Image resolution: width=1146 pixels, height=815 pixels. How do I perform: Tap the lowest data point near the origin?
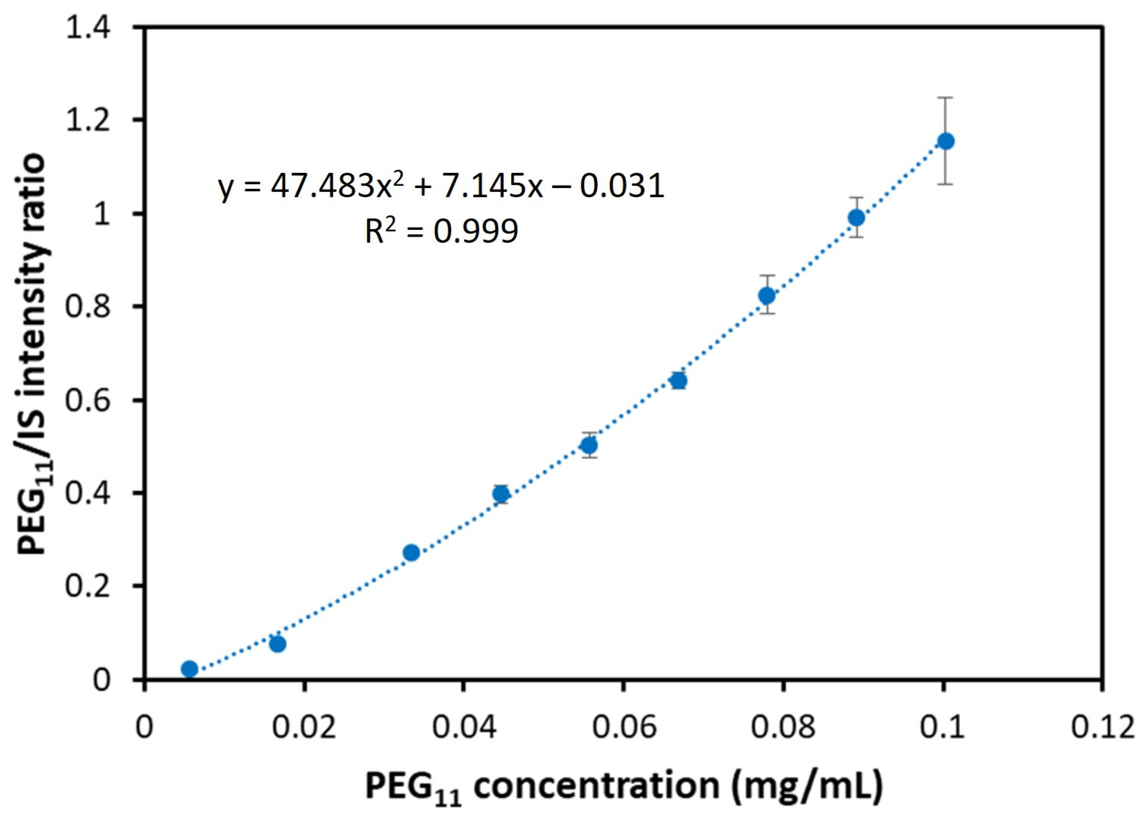[x=189, y=668]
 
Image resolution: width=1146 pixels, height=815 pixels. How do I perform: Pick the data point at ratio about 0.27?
[x=411, y=553]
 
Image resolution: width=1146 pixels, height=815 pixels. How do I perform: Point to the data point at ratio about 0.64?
[x=679, y=381]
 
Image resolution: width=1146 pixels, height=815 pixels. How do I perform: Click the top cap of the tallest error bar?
[x=946, y=97]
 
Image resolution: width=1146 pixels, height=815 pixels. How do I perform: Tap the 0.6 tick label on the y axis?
[x=94, y=400]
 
